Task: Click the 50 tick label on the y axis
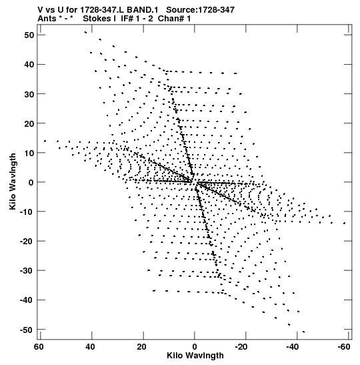tap(29, 35)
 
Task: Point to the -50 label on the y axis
tap(27, 330)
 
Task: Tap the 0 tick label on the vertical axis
tap(31, 183)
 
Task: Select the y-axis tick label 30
tap(29, 94)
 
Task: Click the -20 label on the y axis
tap(27, 242)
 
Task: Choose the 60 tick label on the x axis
tap(39, 347)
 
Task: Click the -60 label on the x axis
tap(344, 347)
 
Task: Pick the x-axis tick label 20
tap(141, 347)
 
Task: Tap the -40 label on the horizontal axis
tap(292, 347)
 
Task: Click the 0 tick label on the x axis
tap(195, 347)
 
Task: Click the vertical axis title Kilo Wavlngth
tap(13, 181)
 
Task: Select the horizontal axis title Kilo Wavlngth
tap(195, 356)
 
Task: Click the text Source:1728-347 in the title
tap(200, 10)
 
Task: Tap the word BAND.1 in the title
tap(142, 10)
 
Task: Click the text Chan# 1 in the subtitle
tap(174, 19)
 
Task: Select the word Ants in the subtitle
tap(47, 19)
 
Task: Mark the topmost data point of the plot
tap(85, 32)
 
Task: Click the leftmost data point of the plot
tap(45, 141)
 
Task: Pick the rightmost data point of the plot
tap(345, 224)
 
